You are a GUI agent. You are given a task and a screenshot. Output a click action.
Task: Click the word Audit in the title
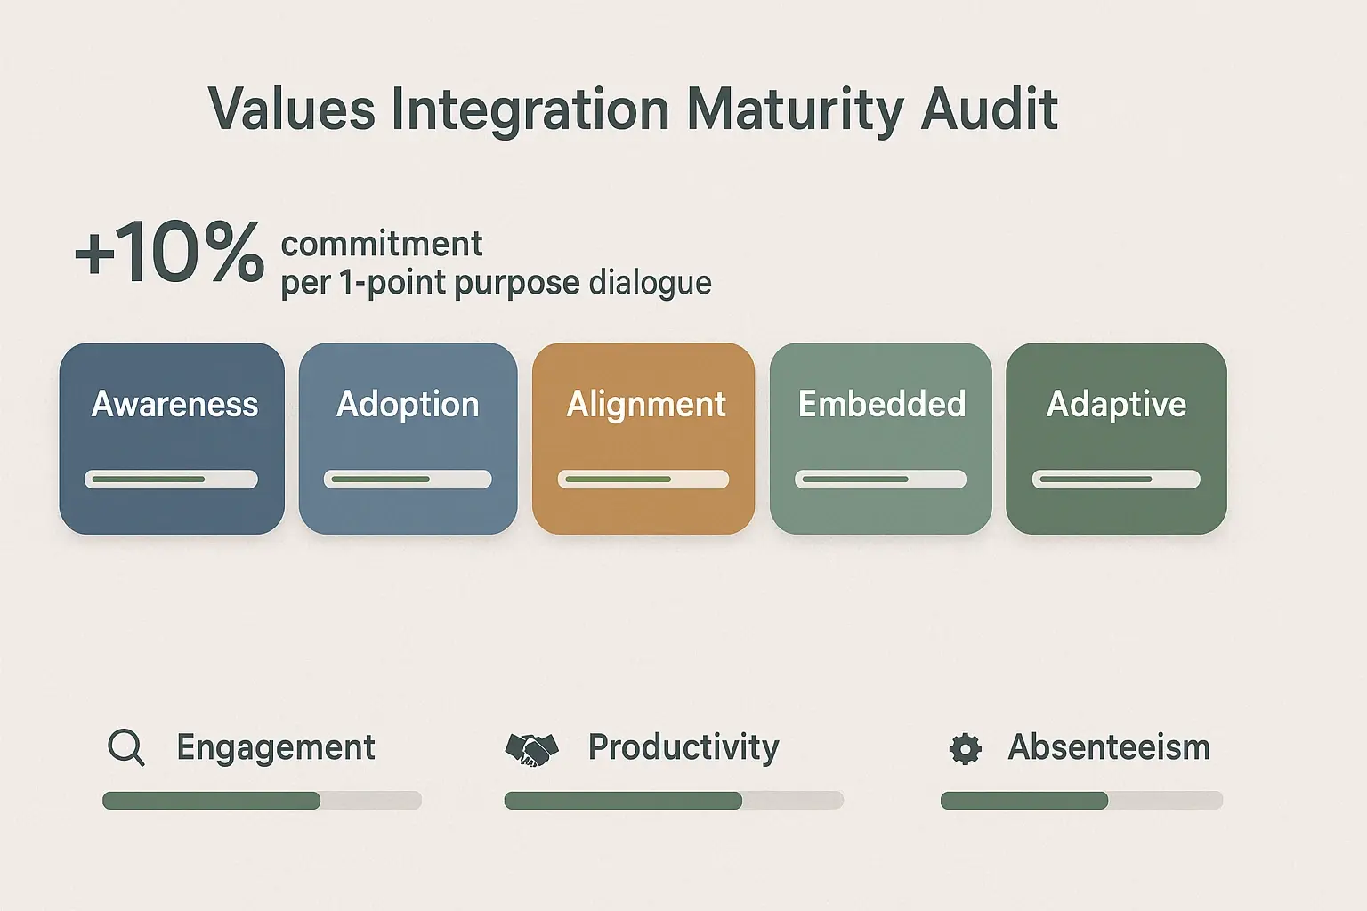(x=989, y=110)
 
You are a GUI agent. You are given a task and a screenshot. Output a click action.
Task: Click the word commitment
(x=382, y=244)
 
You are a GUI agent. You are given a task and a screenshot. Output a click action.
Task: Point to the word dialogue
(x=650, y=283)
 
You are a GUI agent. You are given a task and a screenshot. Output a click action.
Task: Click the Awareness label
(x=174, y=405)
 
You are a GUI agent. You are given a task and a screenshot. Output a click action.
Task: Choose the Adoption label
(x=408, y=405)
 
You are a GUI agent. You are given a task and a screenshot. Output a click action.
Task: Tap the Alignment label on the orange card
(x=646, y=405)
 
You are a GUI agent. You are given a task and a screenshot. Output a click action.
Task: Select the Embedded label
(x=881, y=405)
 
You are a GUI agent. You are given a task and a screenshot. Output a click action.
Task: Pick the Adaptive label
(x=1116, y=405)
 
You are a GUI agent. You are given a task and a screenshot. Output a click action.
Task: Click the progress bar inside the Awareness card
(x=171, y=480)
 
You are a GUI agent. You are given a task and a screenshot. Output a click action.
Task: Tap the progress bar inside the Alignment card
(x=643, y=480)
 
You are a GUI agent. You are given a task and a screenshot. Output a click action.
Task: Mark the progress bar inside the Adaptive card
(x=1116, y=480)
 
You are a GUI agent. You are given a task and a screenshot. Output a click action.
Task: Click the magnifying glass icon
(x=125, y=747)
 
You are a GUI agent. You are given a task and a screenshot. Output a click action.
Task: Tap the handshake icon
(x=531, y=749)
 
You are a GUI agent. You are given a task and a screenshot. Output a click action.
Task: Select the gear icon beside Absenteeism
(x=965, y=749)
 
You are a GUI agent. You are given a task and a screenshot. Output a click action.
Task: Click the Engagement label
(x=276, y=747)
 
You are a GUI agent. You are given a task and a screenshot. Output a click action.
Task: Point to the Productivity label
(x=683, y=747)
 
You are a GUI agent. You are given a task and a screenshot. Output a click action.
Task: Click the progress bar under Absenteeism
(x=1081, y=801)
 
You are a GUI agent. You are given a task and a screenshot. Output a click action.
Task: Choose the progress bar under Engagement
(x=262, y=801)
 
